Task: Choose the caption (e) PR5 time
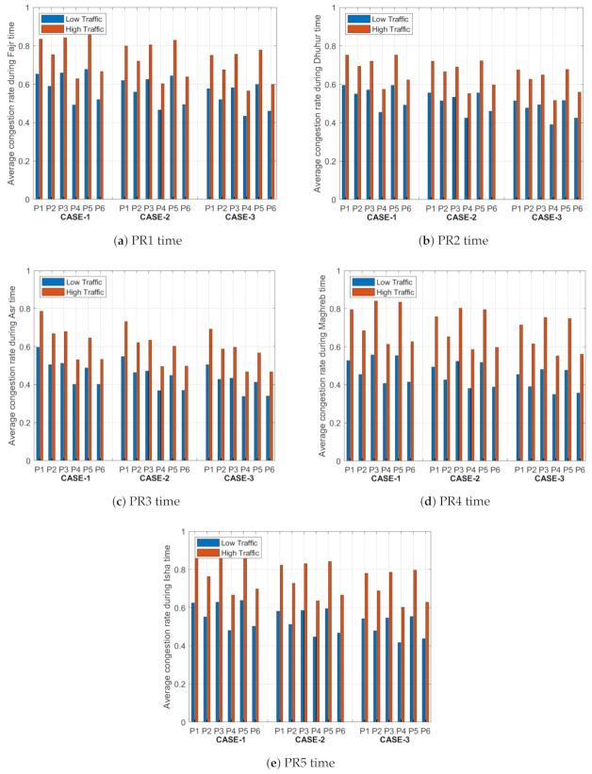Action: pyautogui.click(x=295, y=763)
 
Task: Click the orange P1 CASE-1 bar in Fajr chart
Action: pyautogui.click(x=41, y=119)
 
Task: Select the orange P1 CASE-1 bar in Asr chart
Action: pyautogui.click(x=41, y=385)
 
